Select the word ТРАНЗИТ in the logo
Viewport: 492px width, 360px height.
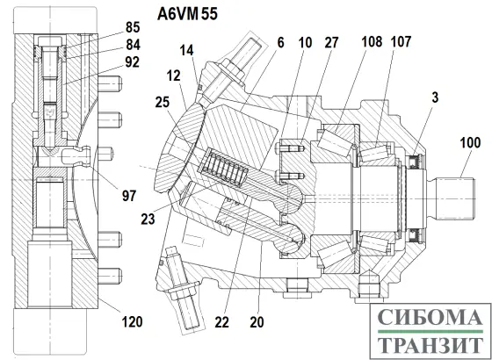(x=431, y=344)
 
